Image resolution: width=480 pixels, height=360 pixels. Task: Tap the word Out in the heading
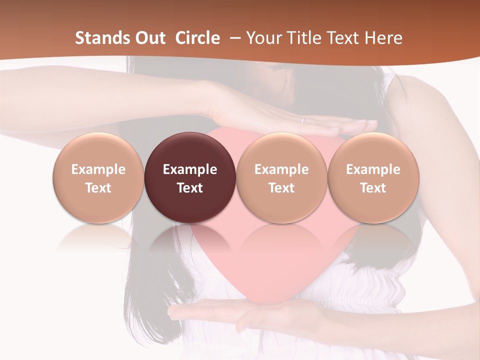tap(149, 38)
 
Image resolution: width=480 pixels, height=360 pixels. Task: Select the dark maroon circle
tap(190, 177)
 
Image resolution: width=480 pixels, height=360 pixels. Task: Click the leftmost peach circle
tap(98, 177)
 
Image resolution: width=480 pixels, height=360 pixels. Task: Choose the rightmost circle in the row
tap(373, 177)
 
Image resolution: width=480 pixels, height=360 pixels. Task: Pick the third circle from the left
tap(281, 177)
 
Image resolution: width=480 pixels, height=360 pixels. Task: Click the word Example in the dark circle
tap(190, 169)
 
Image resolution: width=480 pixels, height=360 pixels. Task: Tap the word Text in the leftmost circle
tap(98, 188)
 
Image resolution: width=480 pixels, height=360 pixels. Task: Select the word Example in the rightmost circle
tap(373, 169)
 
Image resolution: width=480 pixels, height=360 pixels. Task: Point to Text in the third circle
tap(281, 188)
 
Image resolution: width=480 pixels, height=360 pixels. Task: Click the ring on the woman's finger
tap(302, 120)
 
